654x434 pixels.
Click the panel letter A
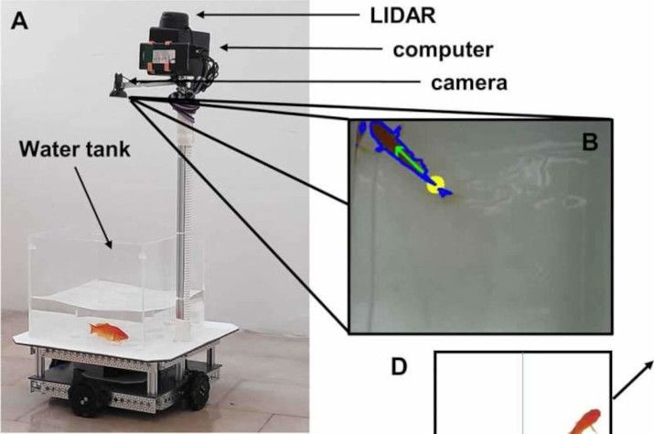click(x=19, y=21)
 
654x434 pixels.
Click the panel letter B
click(x=590, y=142)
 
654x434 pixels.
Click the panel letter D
click(x=399, y=367)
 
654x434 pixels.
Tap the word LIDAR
click(x=402, y=16)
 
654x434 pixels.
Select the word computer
click(x=443, y=49)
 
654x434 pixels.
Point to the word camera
click(x=469, y=82)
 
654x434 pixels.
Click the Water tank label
click(x=75, y=149)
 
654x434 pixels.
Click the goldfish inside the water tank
click(x=109, y=332)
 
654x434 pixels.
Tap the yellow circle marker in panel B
click(x=435, y=184)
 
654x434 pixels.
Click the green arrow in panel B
click(x=410, y=157)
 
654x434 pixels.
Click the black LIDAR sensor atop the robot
click(x=175, y=20)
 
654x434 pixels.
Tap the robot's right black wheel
click(x=198, y=390)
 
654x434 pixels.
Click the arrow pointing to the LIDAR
click(x=278, y=15)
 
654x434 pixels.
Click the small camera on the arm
click(x=119, y=85)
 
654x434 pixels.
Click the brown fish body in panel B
click(x=384, y=136)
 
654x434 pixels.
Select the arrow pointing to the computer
click(x=301, y=48)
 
